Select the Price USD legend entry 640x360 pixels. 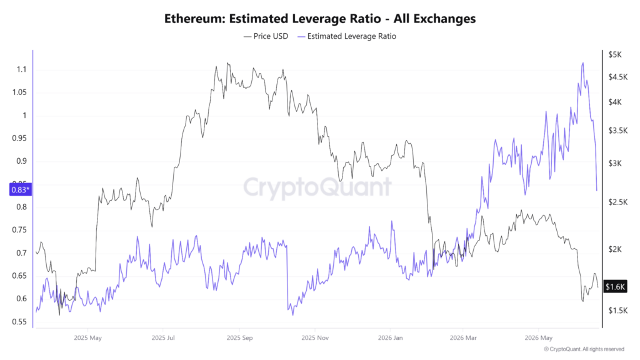pyautogui.click(x=266, y=36)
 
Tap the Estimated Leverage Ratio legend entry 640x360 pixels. pyautogui.click(x=347, y=36)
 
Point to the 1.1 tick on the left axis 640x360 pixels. pyautogui.click(x=22, y=69)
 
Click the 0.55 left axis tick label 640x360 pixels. pyautogui.click(x=19, y=322)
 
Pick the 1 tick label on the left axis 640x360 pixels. pyautogui.click(x=24, y=116)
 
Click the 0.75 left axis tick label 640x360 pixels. pyautogui.click(x=19, y=230)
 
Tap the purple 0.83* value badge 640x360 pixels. pyautogui.click(x=21, y=189)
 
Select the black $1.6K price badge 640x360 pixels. pyautogui.click(x=615, y=286)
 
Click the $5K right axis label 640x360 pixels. pyautogui.click(x=615, y=54)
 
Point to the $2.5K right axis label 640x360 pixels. pyautogui.click(x=618, y=202)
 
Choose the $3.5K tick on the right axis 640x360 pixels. pyautogui.click(x=618, y=131)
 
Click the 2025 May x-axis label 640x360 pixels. pyautogui.click(x=87, y=338)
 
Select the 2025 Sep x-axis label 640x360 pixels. pyautogui.click(x=239, y=338)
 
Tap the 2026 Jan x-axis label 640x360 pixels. pyautogui.click(x=390, y=338)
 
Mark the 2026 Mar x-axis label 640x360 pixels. pyautogui.click(x=463, y=338)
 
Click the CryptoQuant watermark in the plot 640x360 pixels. pyautogui.click(x=317, y=187)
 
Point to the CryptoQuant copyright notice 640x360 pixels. pyautogui.click(x=584, y=349)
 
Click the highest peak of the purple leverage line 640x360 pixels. pyautogui.click(x=583, y=63)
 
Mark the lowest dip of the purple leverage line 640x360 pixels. pyautogui.click(x=292, y=315)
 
